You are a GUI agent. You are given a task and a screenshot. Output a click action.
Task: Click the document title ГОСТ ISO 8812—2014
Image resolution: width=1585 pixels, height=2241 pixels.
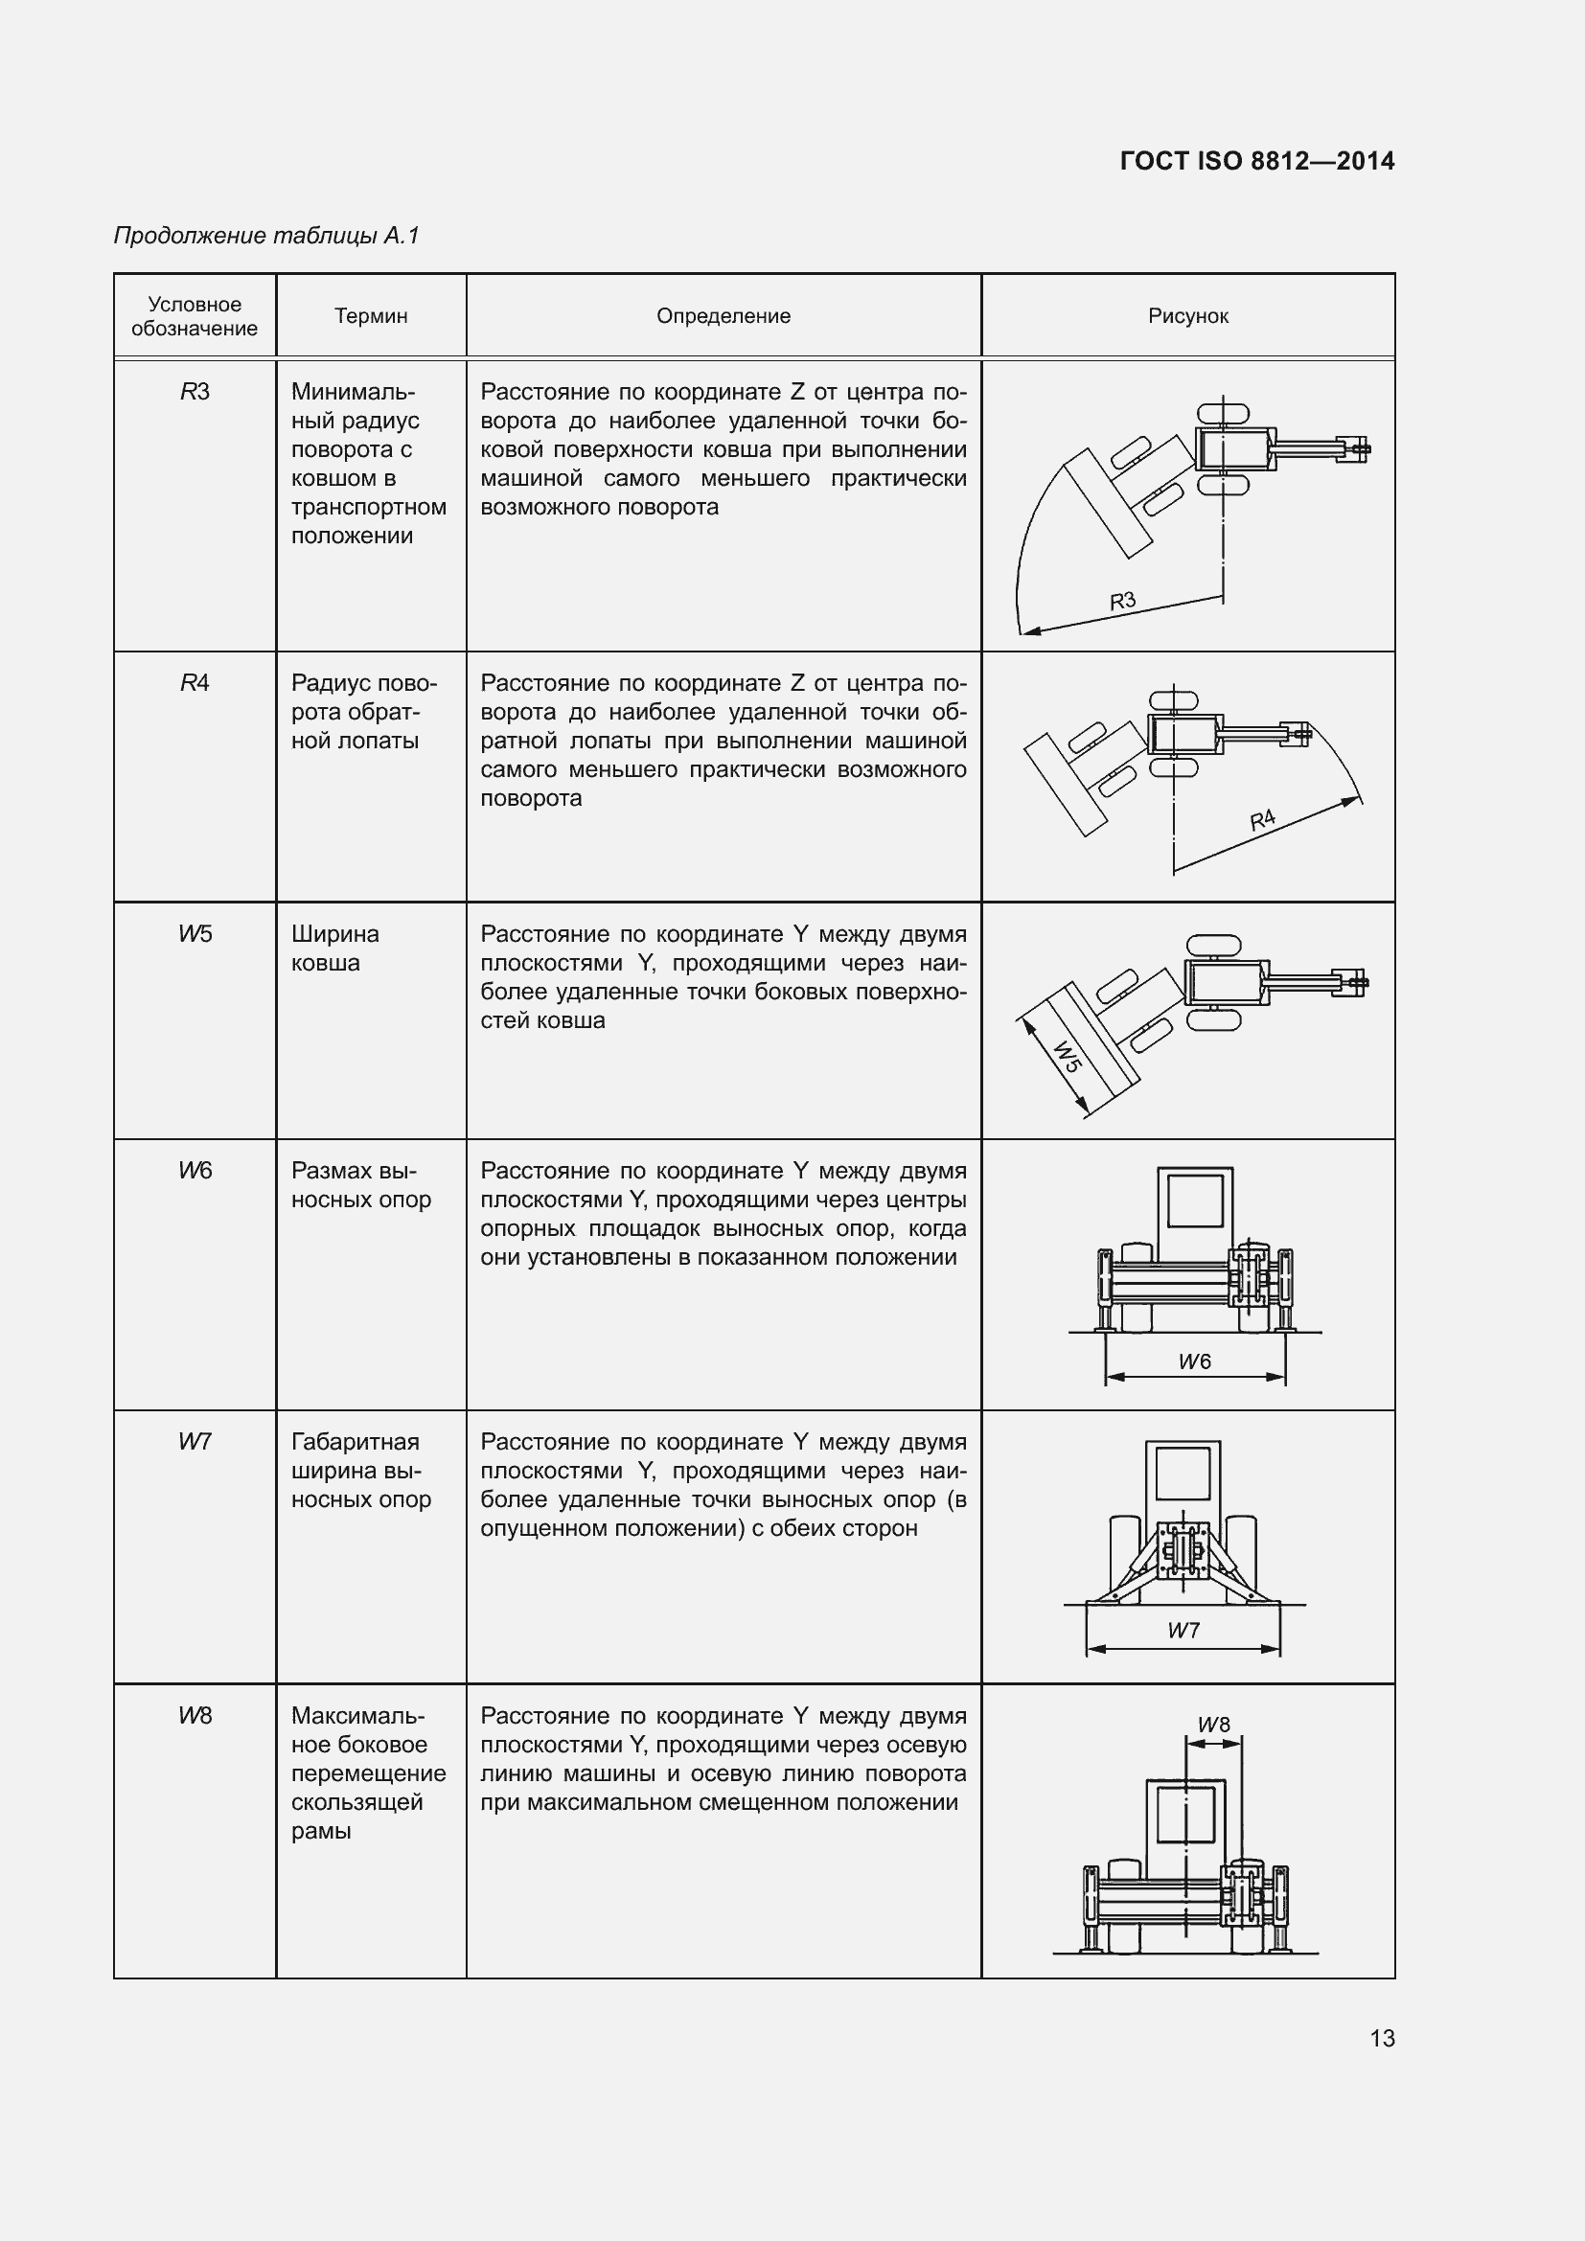pos(1256,161)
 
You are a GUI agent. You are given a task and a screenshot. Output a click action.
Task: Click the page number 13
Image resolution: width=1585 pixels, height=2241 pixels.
pos(1381,2038)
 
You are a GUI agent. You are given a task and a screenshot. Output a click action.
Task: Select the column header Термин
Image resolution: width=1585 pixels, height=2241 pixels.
pos(371,316)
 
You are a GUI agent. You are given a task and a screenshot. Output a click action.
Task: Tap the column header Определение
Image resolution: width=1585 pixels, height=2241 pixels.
pos(724,316)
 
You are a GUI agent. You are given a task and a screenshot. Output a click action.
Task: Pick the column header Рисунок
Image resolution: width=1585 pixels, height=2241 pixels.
pos(1187,316)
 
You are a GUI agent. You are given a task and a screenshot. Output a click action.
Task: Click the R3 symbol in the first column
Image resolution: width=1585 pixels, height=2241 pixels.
pos(195,393)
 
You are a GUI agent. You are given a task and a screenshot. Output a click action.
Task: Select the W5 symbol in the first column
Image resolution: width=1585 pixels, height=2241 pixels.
pos(195,934)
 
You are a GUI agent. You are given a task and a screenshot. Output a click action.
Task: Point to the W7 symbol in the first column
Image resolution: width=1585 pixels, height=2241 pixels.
pos(195,1442)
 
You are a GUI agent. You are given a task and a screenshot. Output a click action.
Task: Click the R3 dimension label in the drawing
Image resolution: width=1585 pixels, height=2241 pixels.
pos(1122,601)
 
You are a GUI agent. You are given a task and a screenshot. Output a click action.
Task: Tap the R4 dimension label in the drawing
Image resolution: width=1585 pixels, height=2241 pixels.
pos(1262,819)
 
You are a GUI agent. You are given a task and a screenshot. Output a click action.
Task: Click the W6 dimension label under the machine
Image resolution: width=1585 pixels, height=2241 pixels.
pos(1195,1361)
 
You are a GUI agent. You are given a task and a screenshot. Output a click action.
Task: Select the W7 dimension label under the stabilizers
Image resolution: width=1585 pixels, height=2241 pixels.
pos(1183,1630)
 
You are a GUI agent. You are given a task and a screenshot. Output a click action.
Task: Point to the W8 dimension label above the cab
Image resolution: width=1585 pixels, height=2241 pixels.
pos(1214,1725)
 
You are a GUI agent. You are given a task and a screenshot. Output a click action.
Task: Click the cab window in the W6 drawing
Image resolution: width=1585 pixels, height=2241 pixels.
pos(1195,1201)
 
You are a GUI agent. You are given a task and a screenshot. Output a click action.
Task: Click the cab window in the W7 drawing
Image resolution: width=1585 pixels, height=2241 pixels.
pos(1183,1473)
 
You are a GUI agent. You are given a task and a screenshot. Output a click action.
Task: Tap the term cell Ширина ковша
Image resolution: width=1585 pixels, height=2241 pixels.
pos(334,948)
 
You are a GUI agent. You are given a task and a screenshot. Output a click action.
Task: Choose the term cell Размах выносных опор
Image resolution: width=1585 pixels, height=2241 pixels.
pos(360,1185)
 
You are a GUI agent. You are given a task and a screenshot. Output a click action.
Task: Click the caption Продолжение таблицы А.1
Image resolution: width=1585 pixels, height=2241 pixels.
pos(266,236)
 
